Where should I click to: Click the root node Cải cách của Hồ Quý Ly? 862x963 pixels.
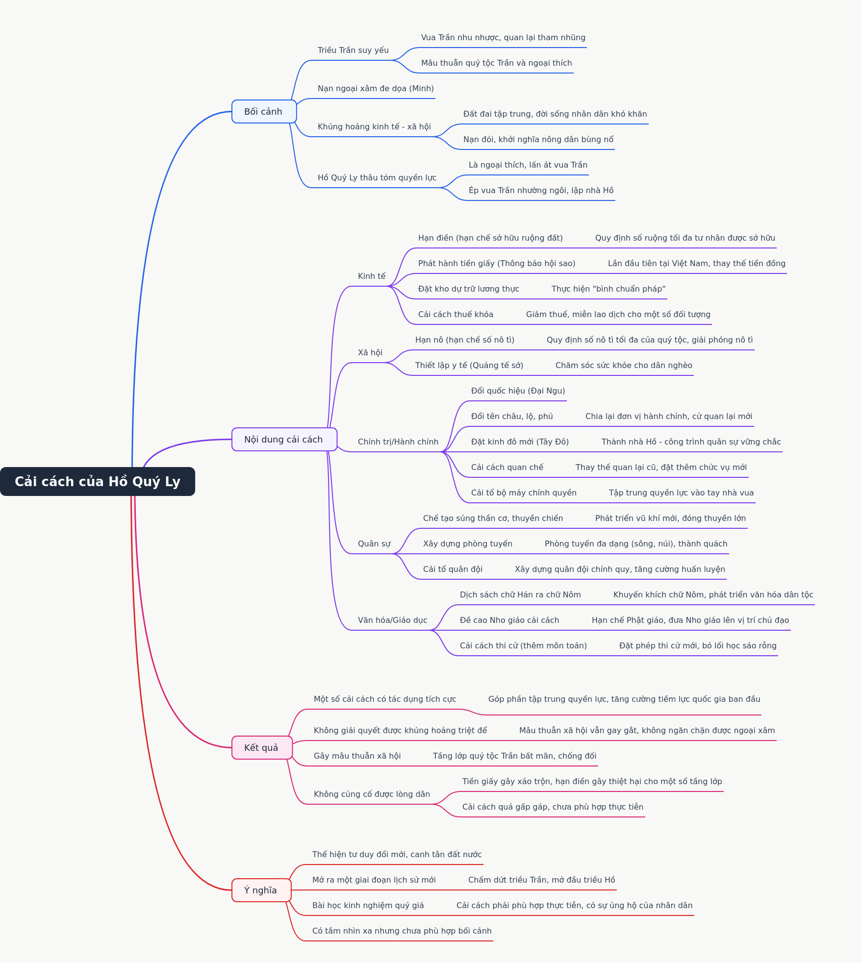tap(98, 481)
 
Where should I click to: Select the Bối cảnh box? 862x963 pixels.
tap(264, 112)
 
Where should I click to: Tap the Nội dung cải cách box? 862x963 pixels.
tap(284, 440)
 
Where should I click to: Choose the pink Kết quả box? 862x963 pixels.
tap(262, 747)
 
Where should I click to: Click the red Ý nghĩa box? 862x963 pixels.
tap(261, 890)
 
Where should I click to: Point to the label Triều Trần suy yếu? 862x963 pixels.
tap(353, 50)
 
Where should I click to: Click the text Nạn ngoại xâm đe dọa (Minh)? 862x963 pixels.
tap(376, 88)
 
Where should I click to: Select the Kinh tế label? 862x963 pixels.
tap(372, 276)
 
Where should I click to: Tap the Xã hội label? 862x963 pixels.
tap(370, 352)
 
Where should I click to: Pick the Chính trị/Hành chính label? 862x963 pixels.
tap(398, 442)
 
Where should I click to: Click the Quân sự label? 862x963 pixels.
tap(374, 543)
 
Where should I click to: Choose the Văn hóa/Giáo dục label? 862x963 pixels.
tap(392, 620)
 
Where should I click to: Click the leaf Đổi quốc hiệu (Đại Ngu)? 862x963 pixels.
tap(518, 391)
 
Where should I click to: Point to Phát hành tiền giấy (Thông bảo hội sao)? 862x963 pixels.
tap(497, 263)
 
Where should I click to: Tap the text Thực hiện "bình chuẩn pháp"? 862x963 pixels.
tap(608, 289)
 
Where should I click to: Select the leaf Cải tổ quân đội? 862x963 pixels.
tap(453, 569)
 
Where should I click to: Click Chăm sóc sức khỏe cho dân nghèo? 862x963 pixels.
tap(624, 365)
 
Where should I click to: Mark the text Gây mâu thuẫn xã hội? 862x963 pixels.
tap(357, 756)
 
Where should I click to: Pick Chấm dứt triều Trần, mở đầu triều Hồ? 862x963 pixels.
tap(541, 880)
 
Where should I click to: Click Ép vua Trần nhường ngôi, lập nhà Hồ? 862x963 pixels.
tap(541, 190)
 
